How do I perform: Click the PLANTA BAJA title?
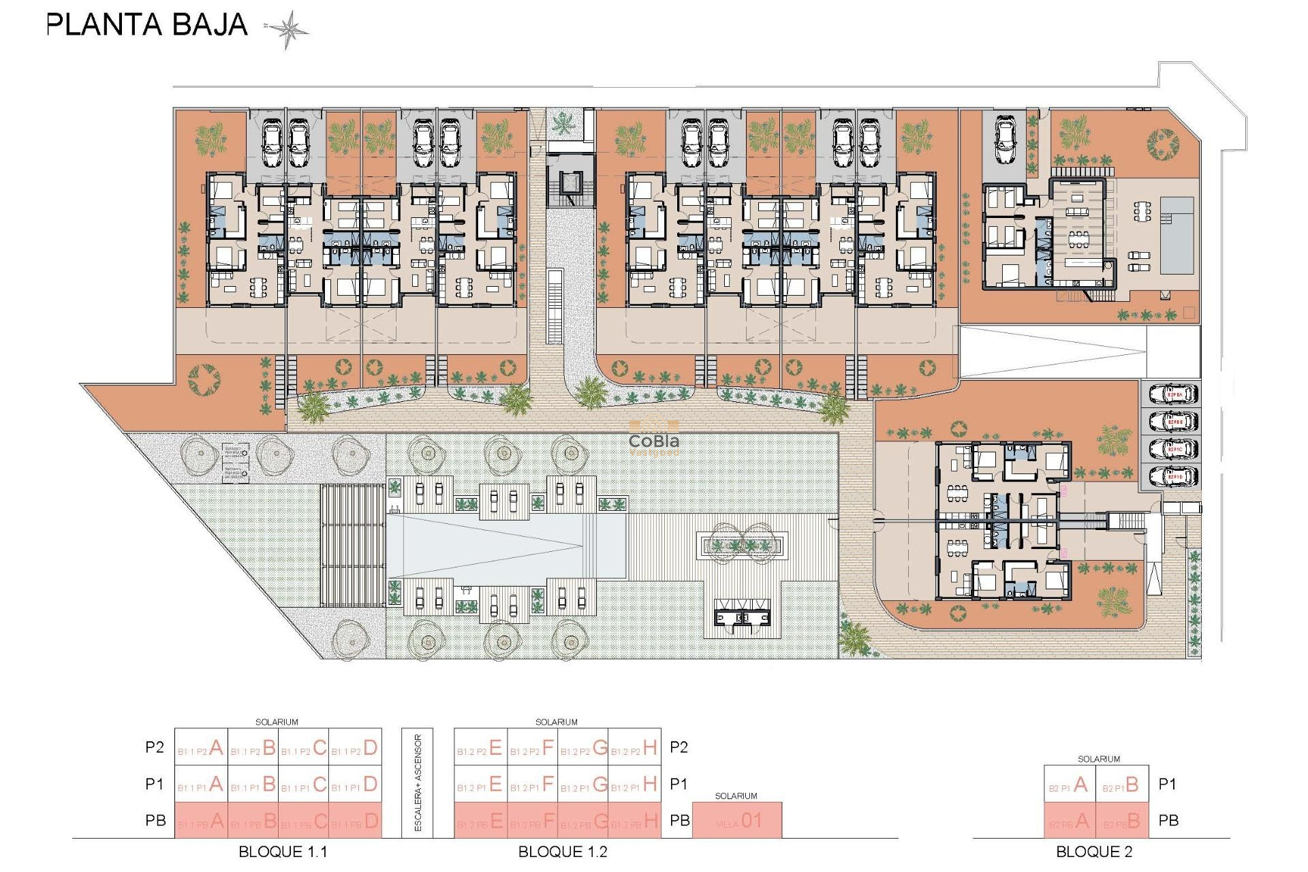pos(146,25)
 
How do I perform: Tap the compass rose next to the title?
pos(288,29)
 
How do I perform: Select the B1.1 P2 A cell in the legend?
pos(201,748)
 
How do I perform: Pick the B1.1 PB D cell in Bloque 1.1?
pos(356,821)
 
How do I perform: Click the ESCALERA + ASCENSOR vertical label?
pos(418,783)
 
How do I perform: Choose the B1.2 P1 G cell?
pos(583,784)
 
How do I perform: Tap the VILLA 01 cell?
pos(737,821)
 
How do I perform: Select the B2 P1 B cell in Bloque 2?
pos(1121,785)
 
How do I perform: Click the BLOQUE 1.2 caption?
pos(563,852)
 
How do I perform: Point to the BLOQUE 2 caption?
pos(1094,852)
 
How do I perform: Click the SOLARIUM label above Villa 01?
pos(736,796)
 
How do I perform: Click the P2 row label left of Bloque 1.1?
pos(155,747)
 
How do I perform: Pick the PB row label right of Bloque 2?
pos(1168,821)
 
